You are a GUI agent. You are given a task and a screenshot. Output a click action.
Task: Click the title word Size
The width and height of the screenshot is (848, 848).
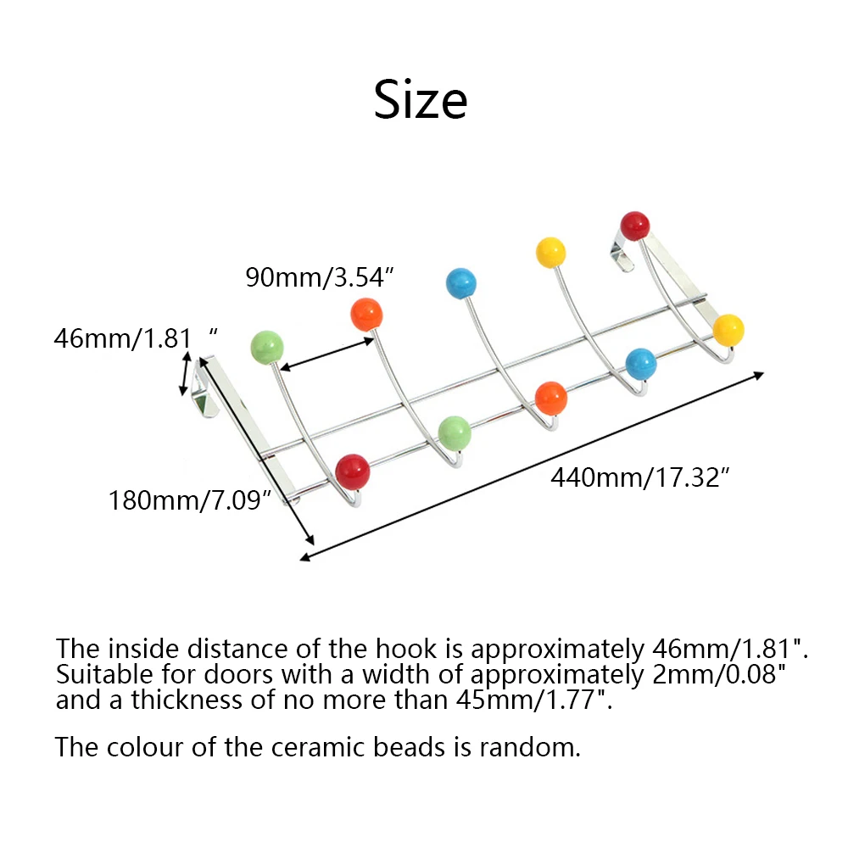[x=421, y=99]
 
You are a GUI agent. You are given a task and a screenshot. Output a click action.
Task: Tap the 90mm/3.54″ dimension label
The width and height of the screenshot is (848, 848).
[x=320, y=277]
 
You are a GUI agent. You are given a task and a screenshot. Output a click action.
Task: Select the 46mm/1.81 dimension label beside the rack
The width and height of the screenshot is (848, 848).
[x=136, y=338]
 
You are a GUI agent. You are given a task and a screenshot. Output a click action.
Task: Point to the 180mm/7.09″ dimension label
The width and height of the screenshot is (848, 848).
[x=189, y=500]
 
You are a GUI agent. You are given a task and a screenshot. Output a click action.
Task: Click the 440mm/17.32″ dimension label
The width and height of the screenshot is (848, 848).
[x=640, y=477]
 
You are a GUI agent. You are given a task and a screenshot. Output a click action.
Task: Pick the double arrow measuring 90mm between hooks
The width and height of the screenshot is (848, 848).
[x=327, y=354]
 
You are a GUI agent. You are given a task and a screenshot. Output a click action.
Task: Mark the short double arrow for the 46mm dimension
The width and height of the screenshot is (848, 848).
[x=185, y=373]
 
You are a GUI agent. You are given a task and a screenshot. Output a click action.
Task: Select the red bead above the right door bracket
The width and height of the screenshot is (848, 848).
[x=635, y=226]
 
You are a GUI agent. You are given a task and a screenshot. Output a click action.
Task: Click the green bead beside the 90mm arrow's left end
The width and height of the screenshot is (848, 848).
[x=267, y=347]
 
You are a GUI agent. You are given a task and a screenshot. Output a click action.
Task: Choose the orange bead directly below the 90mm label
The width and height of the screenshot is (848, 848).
[x=366, y=315]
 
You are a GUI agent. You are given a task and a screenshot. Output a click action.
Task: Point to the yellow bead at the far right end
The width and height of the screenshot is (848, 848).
[x=728, y=330]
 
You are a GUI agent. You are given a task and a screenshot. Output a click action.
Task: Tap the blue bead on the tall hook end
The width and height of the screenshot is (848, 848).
[x=461, y=283]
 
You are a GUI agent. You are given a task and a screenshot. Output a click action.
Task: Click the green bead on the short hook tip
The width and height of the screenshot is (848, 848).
[x=455, y=433]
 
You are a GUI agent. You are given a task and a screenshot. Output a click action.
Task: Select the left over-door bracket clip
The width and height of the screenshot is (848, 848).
[x=205, y=387]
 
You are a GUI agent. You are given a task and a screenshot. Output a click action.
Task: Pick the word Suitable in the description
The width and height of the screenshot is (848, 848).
[x=98, y=674]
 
